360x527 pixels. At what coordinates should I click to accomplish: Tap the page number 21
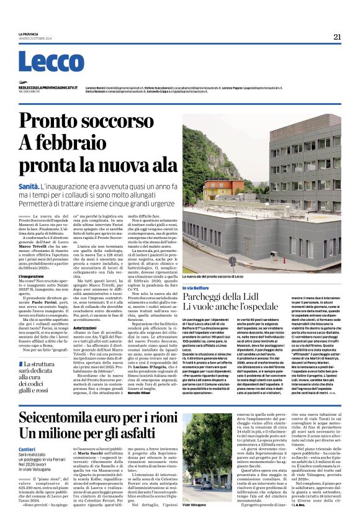(337, 37)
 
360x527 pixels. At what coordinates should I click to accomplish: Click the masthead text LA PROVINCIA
(29, 34)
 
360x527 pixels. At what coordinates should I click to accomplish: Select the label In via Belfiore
(196, 288)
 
